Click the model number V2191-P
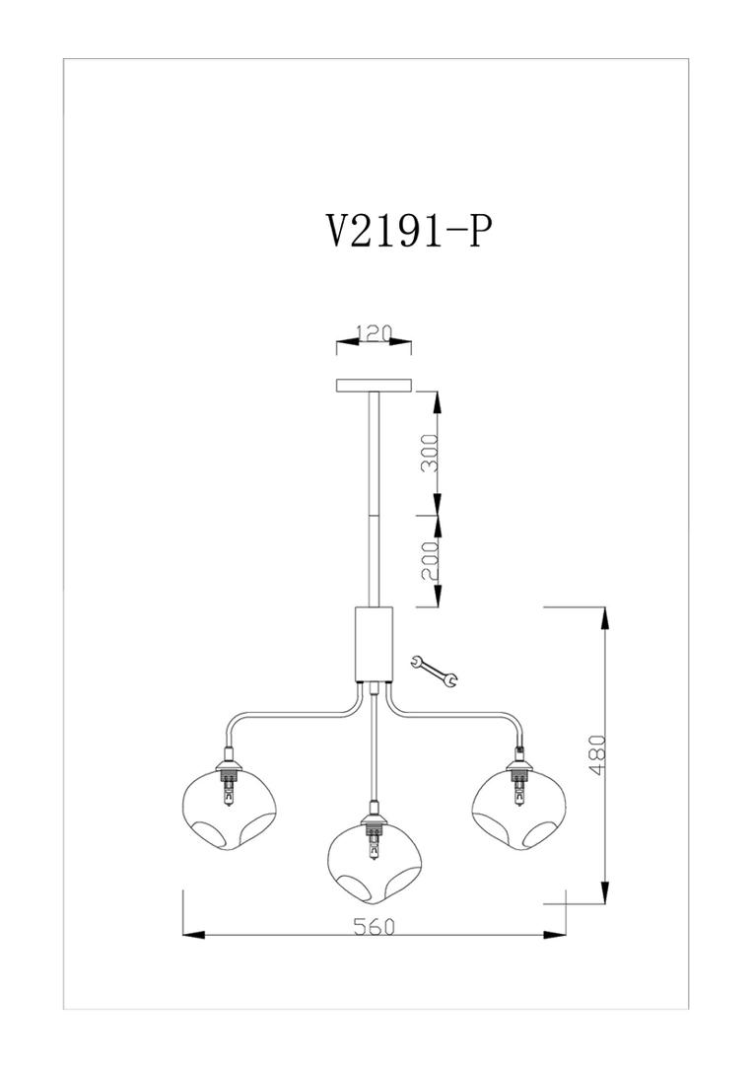pyautogui.click(x=408, y=233)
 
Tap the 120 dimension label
pyautogui.click(x=373, y=333)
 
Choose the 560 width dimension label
pyautogui.click(x=374, y=926)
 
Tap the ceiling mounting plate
pyautogui.click(x=374, y=386)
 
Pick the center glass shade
pyautogui.click(x=374, y=863)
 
